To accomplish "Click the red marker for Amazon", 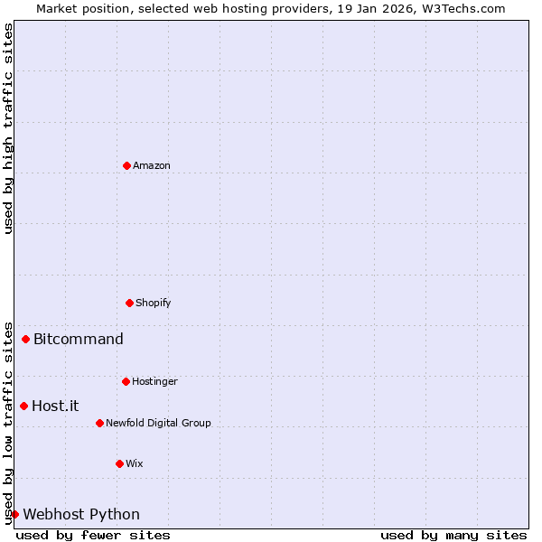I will (126, 165).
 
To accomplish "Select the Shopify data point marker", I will (129, 303).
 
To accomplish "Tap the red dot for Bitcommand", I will (25, 340).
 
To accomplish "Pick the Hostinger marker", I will (126, 381).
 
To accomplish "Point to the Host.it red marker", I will (23, 406).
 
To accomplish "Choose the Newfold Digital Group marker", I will (99, 423).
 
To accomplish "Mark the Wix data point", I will (119, 463).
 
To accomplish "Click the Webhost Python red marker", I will (14, 514).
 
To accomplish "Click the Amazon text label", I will (152, 166).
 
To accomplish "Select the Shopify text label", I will (154, 304).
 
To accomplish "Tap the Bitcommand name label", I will (79, 340).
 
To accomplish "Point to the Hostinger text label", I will (154, 382).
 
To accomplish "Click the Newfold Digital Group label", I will (158, 424).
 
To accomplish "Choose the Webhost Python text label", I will (81, 515).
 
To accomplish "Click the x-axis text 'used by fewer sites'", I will (93, 536).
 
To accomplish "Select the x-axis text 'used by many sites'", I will (453, 536).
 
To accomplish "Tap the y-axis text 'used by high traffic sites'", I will (9, 128).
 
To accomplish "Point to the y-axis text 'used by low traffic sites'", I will (9, 422).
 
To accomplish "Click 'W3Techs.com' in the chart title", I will (466, 8).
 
